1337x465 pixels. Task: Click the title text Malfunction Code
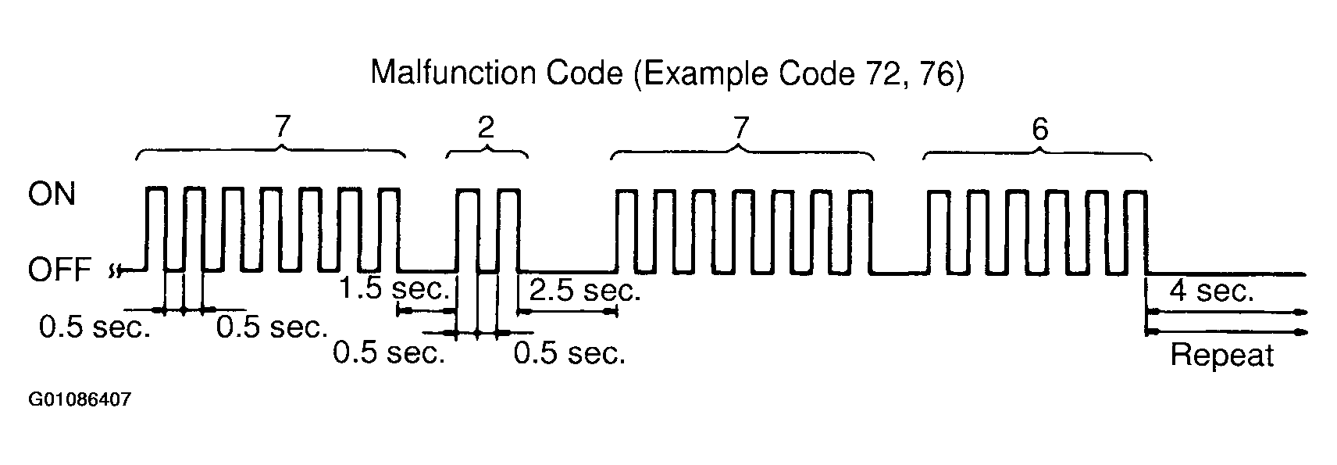point(497,73)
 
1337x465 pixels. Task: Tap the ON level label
point(52,194)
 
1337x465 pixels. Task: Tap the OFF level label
point(59,270)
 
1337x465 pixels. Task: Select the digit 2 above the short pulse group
point(486,128)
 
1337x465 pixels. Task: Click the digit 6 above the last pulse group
point(1039,129)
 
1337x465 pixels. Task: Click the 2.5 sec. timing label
point(585,291)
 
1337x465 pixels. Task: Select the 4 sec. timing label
point(1211,292)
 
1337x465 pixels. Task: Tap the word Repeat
point(1221,356)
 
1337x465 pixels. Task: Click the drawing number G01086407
point(80,400)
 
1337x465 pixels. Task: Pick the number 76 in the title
point(938,73)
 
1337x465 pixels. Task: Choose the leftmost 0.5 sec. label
point(94,328)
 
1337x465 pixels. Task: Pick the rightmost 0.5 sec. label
point(569,353)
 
